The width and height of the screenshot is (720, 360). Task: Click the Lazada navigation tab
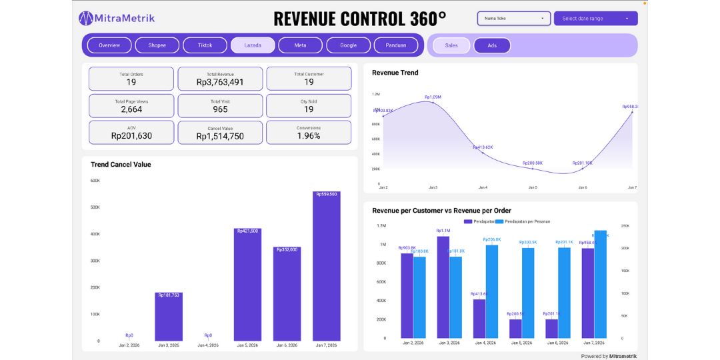coord(253,45)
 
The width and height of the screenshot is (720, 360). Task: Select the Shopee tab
coord(157,45)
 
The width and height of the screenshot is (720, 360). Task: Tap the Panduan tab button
coord(396,45)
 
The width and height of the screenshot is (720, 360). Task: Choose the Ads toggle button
coord(492,45)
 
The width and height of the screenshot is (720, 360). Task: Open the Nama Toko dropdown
coord(514,19)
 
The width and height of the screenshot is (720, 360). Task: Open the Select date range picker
coord(595,19)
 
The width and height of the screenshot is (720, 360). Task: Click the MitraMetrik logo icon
coord(86,19)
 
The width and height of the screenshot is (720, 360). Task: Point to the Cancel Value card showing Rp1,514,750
coord(220,132)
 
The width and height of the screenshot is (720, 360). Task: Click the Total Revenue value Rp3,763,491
coord(220,83)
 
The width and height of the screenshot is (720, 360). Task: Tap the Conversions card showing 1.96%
coord(309,132)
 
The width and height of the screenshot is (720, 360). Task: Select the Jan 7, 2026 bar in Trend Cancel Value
coord(326,267)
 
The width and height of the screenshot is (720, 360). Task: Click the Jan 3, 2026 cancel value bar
coord(169,317)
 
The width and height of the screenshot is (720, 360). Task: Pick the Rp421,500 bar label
coord(247,231)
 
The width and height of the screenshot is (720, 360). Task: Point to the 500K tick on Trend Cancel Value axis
coord(95,207)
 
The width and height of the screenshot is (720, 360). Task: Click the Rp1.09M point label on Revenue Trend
coord(433,97)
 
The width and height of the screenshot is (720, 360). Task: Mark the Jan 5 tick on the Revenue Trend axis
coord(533,188)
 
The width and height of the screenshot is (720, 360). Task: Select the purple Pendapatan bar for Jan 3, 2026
coord(443,287)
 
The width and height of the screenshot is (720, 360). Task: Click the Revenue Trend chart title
coord(395,73)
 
